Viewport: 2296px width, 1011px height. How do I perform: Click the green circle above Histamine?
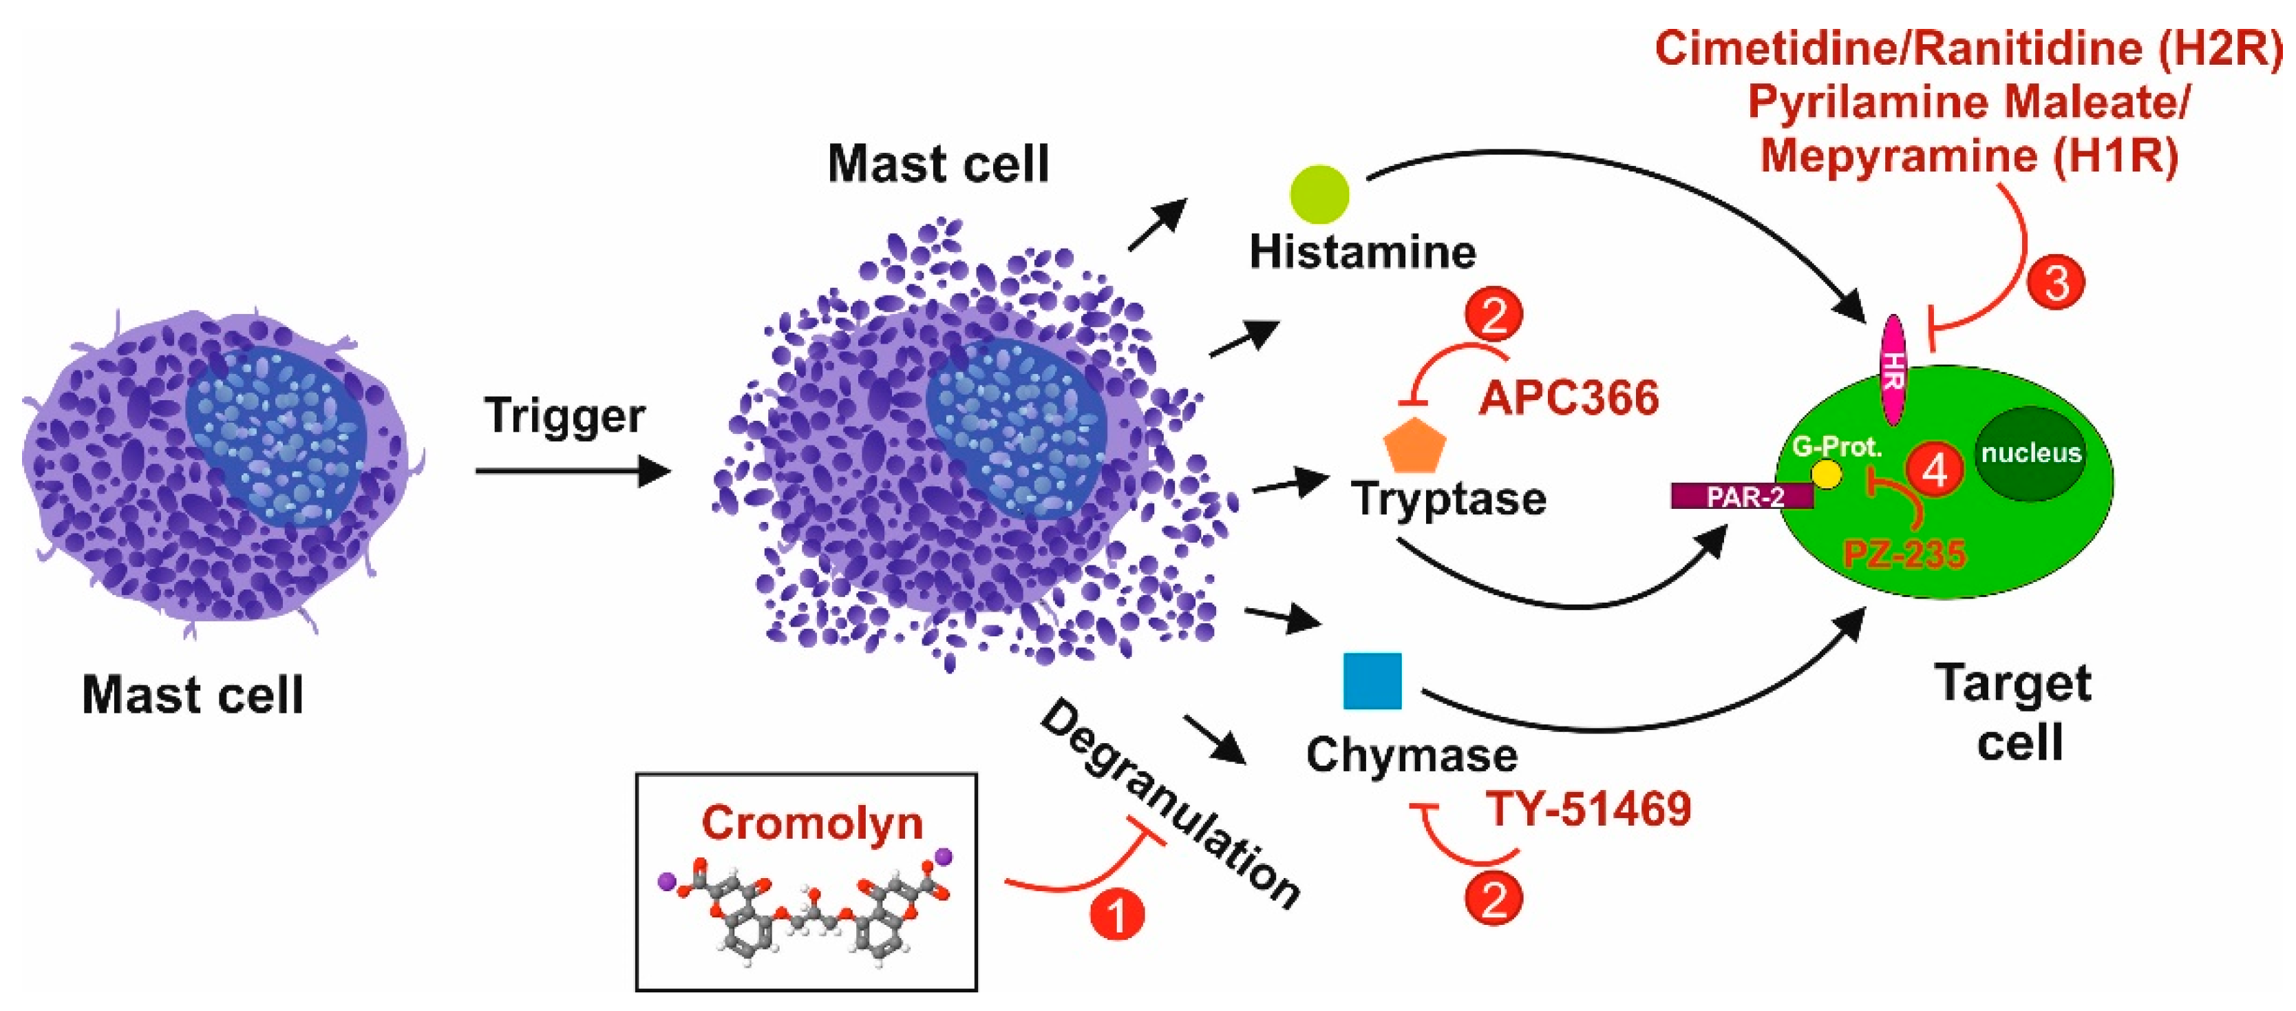[x=1320, y=194]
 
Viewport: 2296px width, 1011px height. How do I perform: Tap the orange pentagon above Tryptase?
[x=1414, y=445]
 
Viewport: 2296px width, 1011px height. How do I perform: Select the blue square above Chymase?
[x=1372, y=680]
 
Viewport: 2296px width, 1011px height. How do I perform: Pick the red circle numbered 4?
[x=1934, y=469]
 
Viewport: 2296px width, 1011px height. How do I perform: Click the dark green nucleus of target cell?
[x=2030, y=453]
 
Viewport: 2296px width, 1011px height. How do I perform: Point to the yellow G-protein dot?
[x=1827, y=475]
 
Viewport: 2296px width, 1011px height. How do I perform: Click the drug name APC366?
[x=1569, y=397]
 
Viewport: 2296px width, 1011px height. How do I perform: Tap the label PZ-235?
[x=1904, y=554]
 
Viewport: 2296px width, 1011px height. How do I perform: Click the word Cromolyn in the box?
[x=811, y=822]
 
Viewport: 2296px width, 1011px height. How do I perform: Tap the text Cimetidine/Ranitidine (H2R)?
[x=1968, y=48]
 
